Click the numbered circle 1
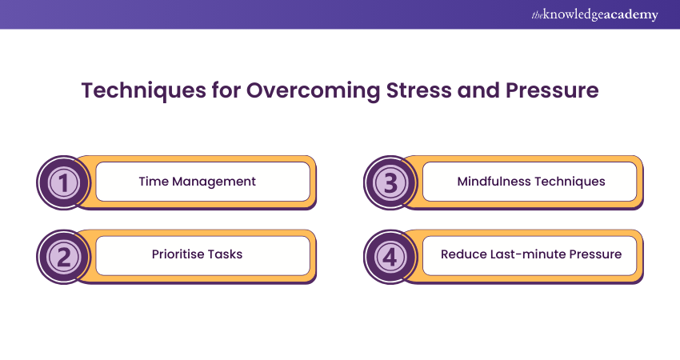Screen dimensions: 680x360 tap(64, 182)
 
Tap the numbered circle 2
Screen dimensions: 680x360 tap(64, 257)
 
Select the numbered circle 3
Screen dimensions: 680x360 tap(390, 182)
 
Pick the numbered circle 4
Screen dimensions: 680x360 tap(390, 257)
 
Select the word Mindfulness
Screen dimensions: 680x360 tap(494, 182)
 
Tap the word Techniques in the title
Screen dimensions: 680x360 tap(143, 91)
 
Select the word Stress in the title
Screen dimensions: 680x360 tap(419, 90)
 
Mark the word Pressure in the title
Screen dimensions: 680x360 tap(552, 90)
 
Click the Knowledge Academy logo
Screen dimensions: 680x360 tap(595, 14)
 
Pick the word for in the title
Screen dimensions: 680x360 tap(226, 90)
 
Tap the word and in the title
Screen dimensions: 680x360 tap(478, 90)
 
